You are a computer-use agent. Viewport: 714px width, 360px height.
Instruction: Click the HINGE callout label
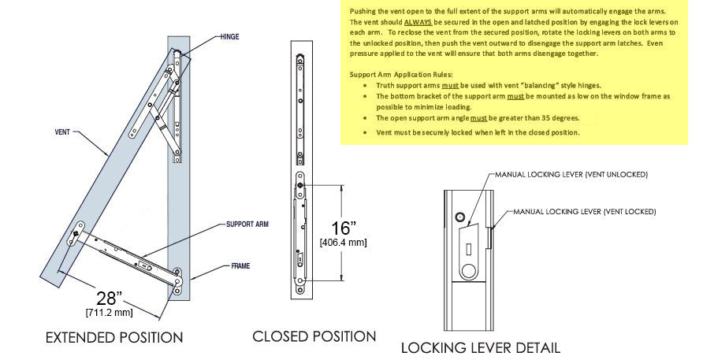tap(229, 37)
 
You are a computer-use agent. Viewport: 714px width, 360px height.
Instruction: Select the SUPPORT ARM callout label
tap(247, 225)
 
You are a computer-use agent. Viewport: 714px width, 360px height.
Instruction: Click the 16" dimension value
tap(342, 228)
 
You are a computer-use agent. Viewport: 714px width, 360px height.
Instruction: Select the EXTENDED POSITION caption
tap(113, 338)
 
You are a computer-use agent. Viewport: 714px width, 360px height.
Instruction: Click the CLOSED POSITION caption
tap(314, 336)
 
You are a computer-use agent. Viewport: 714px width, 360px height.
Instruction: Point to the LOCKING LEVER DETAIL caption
tap(480, 347)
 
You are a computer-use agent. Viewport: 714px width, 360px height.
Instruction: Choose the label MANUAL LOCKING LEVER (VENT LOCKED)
tap(584, 212)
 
